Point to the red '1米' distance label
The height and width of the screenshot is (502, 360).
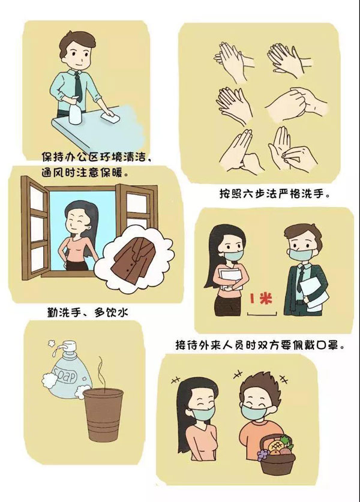(261, 299)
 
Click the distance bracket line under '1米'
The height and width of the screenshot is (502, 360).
(262, 314)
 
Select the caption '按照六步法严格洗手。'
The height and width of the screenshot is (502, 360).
(274, 194)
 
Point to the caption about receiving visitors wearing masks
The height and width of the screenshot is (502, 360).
(260, 345)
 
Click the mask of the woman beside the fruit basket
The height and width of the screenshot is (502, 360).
(202, 413)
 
